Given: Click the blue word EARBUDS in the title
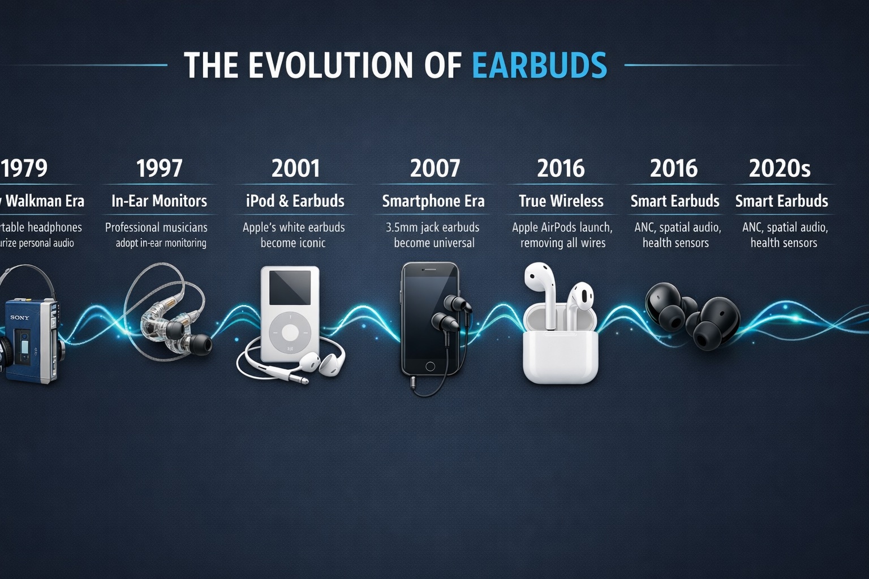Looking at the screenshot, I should pos(539,65).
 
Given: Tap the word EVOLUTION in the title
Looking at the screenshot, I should pos(330,65).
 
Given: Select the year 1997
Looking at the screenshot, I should pos(159,168).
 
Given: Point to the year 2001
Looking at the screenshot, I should pos(295,168).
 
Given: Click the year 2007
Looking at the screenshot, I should pos(434,168).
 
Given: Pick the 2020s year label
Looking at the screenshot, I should pos(780,168).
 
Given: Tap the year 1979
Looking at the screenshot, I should pos(24,168).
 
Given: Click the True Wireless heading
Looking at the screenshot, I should pos(561,201).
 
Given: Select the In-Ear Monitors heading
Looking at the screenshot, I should pos(159,201).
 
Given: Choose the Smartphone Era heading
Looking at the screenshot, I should pos(433,201).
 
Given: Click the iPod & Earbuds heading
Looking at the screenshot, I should pos(295,201).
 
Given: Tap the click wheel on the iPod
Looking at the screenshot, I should pos(289,333).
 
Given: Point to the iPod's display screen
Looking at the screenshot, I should pos(290,288).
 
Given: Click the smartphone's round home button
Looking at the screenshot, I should pos(430,366).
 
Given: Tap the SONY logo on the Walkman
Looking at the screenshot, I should pos(19,317).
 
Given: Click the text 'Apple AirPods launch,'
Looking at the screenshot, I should pos(562,227).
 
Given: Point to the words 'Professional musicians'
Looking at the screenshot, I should pos(156,227).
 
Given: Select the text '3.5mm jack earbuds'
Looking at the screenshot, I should pos(433,227).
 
